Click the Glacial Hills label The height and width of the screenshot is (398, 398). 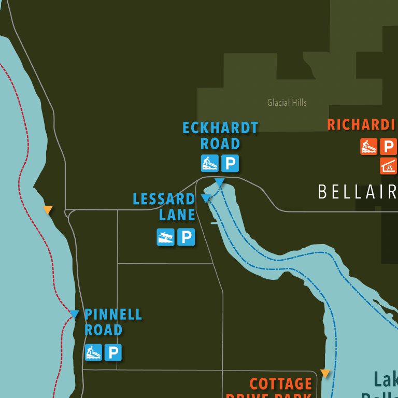pyautogui.click(x=287, y=103)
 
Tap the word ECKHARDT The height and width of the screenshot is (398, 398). pyautogui.click(x=220, y=128)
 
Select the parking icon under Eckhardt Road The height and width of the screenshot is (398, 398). pyautogui.click(x=230, y=164)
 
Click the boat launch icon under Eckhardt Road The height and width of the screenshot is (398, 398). pyautogui.click(x=210, y=164)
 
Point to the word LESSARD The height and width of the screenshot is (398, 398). pyautogui.click(x=164, y=199)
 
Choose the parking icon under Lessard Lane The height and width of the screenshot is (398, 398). pyautogui.click(x=186, y=237)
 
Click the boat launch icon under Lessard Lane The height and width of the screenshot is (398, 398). pyautogui.click(x=166, y=237)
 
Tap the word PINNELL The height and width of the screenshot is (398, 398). pyautogui.click(x=113, y=315)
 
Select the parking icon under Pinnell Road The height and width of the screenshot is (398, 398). pyautogui.click(x=112, y=352)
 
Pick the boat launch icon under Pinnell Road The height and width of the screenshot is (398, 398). pyautogui.click(x=93, y=352)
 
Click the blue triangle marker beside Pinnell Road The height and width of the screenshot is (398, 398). pyautogui.click(x=74, y=314)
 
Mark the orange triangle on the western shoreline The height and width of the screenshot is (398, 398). pyautogui.click(x=48, y=210)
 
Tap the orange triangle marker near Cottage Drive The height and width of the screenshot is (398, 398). pyautogui.click(x=325, y=373)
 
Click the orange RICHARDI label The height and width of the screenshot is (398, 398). pyautogui.click(x=361, y=125)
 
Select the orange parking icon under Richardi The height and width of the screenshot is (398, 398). pyautogui.click(x=388, y=147)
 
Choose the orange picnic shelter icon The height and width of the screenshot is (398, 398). pyautogui.click(x=389, y=165)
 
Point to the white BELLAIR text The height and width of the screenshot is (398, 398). pyautogui.click(x=357, y=192)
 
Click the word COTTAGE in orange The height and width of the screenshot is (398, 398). pyautogui.click(x=280, y=384)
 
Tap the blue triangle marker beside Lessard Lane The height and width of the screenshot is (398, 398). pyautogui.click(x=206, y=198)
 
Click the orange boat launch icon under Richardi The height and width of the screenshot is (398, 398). pyautogui.click(x=368, y=147)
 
